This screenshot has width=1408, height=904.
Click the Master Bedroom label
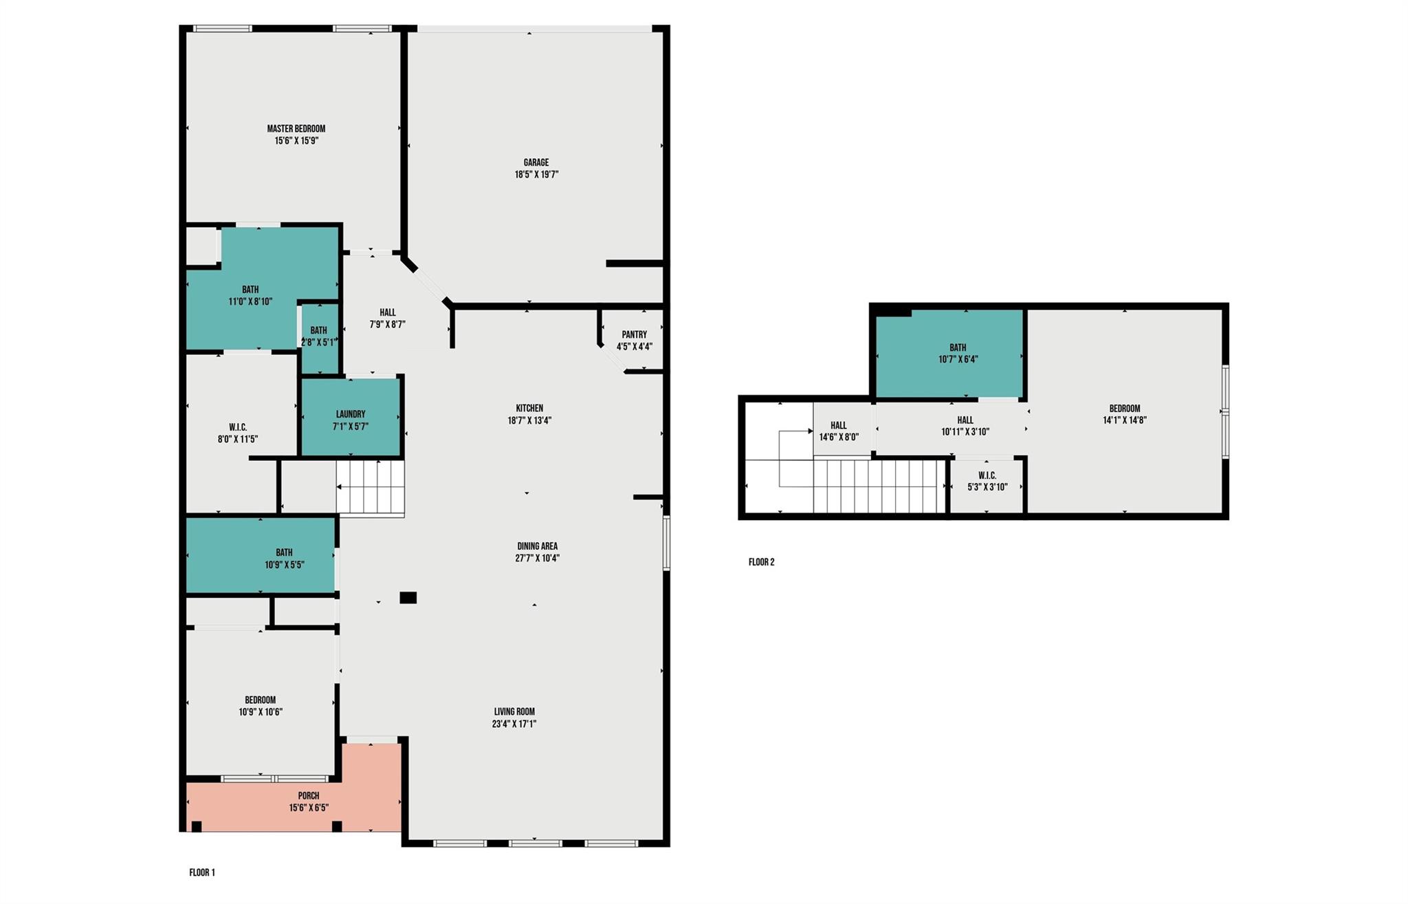(296, 129)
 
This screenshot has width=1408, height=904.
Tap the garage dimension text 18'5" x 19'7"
(536, 175)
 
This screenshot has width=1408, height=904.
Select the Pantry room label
(634, 335)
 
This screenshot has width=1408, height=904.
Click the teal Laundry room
(351, 416)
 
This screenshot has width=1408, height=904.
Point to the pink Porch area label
(309, 796)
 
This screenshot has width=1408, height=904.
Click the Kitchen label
(529, 408)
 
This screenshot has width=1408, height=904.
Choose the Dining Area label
(537, 546)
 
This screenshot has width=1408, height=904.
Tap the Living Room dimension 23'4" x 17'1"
(514, 724)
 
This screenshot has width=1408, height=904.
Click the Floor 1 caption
(202, 872)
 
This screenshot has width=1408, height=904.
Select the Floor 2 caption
(761, 562)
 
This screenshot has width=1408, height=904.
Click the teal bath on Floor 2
(949, 354)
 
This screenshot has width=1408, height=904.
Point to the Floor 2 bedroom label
(1124, 408)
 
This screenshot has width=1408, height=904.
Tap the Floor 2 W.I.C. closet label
(987, 475)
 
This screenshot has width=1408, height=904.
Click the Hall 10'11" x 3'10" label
(965, 426)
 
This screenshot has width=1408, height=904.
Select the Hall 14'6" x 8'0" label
(839, 431)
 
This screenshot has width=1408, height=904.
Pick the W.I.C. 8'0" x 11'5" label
(237, 433)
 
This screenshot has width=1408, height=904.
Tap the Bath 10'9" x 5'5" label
(284, 559)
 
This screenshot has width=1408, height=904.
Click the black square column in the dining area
(408, 598)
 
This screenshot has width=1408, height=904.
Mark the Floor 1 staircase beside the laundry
(370, 488)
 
